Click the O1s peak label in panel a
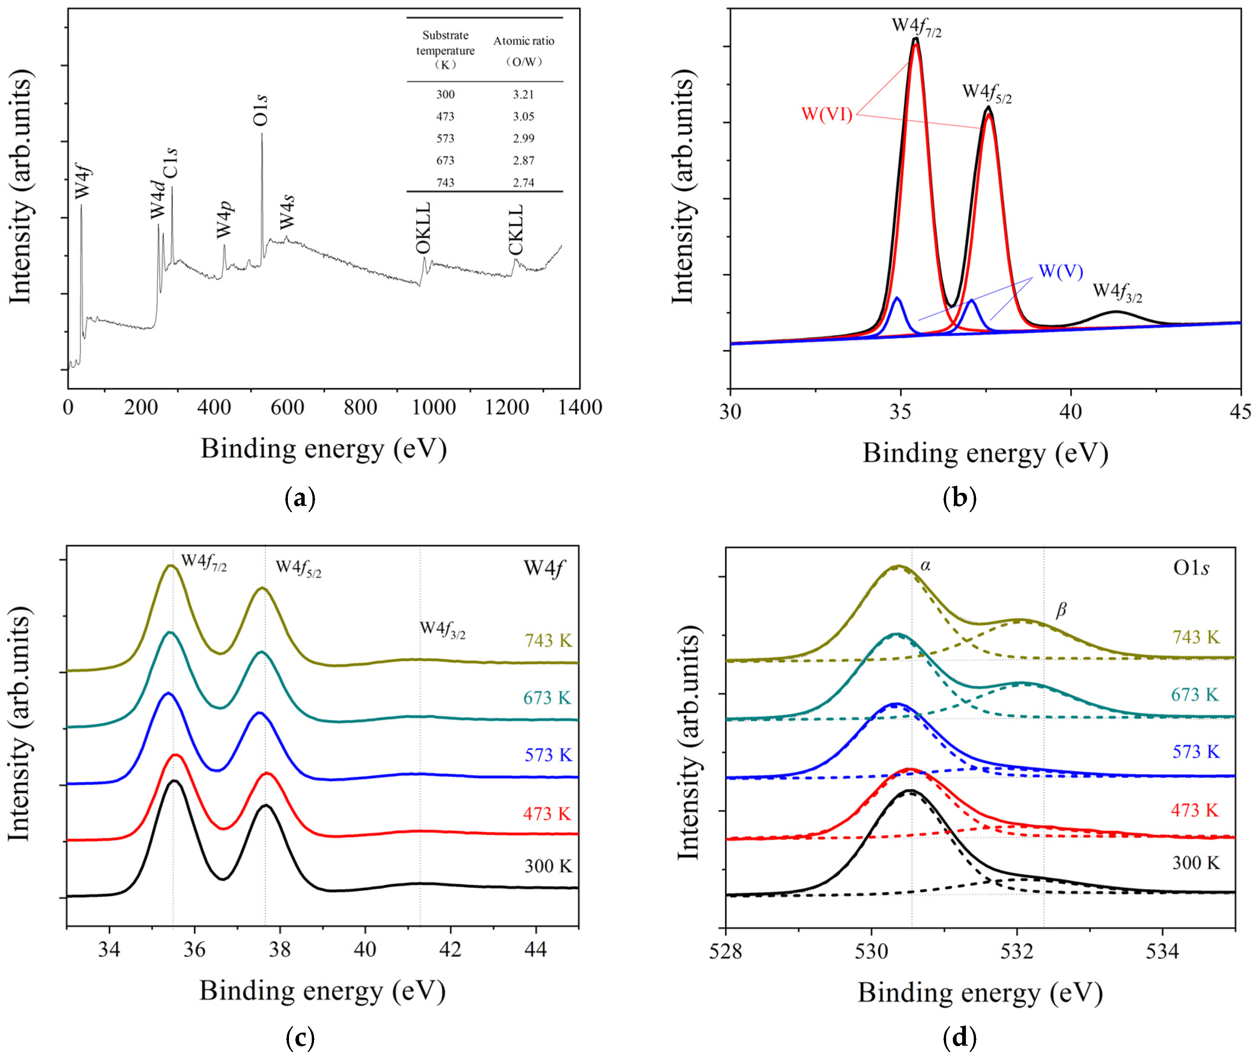click(261, 110)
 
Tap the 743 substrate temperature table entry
click(445, 182)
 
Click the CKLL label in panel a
click(516, 230)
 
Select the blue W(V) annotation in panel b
click(1060, 271)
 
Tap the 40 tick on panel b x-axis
click(1070, 411)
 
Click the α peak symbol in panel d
click(925, 565)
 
